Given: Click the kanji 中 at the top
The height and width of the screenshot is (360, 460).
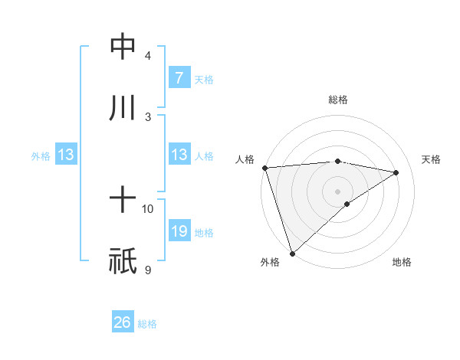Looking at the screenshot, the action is [x=123, y=47].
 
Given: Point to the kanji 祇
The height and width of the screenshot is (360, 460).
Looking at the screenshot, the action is [x=123, y=261].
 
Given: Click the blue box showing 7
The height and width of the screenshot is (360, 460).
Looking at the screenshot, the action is [x=179, y=77].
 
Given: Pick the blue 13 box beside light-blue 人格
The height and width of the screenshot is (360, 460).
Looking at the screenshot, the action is [x=179, y=155].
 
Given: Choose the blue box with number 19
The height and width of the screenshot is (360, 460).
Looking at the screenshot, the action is [x=179, y=231].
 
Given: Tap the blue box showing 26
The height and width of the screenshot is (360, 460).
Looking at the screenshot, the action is [x=123, y=322].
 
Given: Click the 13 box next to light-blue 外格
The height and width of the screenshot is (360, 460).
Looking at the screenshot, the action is [x=66, y=155].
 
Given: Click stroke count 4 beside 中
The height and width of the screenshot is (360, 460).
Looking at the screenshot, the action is [x=148, y=56].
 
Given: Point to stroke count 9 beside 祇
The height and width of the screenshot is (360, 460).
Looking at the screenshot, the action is [x=148, y=270].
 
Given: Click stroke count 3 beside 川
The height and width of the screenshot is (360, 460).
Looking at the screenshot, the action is [x=148, y=116].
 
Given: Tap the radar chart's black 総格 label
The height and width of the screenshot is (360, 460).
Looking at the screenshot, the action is [x=337, y=100].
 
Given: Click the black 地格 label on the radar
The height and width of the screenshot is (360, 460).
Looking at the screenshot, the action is [x=402, y=262].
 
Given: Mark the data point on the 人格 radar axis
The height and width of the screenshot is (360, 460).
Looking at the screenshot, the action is [x=264, y=167].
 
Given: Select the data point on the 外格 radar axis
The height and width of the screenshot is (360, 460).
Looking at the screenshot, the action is [x=292, y=253].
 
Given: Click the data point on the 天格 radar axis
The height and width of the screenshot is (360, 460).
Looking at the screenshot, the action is [x=396, y=172].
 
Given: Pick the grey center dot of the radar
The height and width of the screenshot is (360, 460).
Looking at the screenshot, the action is [x=337, y=191].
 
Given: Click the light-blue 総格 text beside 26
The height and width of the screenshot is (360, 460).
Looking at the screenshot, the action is [x=147, y=323].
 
